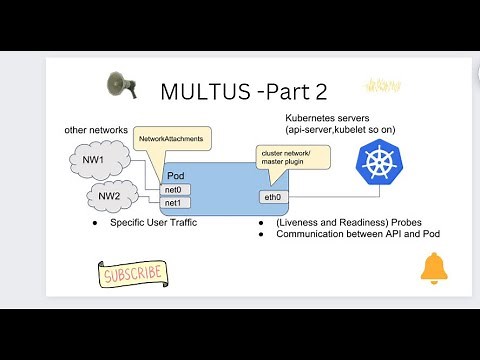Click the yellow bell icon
433,267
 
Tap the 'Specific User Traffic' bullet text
153,223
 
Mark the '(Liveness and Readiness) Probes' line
334,222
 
